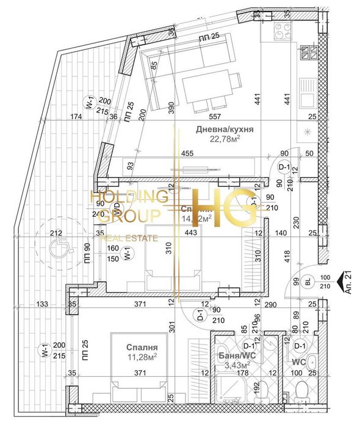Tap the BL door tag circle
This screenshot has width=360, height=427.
308,281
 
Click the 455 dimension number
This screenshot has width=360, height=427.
187,154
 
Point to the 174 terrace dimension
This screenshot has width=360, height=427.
76,116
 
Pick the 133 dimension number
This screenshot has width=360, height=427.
41,304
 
